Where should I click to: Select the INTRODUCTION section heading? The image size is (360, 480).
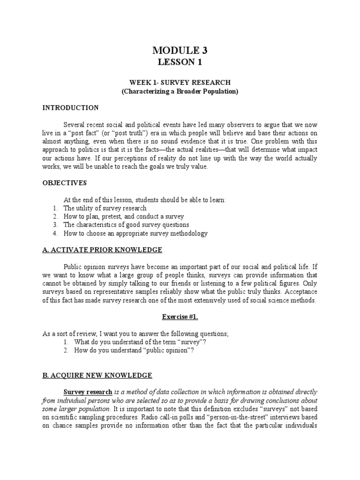click(71, 108)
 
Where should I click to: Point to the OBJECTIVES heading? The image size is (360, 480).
click(65, 183)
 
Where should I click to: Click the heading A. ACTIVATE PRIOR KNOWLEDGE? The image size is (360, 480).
click(102, 249)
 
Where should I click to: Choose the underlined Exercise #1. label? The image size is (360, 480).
click(180, 316)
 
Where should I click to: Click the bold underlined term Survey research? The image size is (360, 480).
click(88, 391)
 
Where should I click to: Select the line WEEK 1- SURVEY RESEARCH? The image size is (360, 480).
click(180, 82)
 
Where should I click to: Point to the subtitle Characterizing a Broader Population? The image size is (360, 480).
click(180, 91)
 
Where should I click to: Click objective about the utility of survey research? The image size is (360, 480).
click(105, 208)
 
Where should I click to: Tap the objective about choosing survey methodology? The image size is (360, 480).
click(135, 233)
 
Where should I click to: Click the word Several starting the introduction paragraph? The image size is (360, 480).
click(76, 125)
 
